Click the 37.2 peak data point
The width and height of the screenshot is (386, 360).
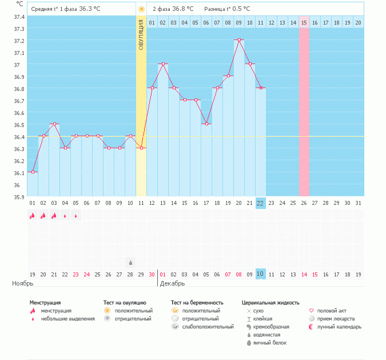pos(239,40)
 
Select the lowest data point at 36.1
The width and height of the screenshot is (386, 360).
pos(33,172)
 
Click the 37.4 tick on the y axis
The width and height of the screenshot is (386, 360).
pos(19,17)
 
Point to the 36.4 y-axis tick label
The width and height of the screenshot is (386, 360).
pos(19,137)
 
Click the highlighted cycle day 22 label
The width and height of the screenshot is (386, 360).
pos(260,203)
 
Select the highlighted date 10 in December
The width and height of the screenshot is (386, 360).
pos(260,274)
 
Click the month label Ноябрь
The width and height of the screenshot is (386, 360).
pos(23,283)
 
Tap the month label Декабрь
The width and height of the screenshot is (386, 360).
pos(172,283)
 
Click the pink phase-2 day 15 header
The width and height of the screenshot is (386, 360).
pos(304,22)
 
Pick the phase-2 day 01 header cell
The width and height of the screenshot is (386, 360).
pos(152,22)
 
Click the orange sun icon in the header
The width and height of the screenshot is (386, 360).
pos(141,9)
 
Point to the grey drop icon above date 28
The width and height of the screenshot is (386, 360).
pos(130,262)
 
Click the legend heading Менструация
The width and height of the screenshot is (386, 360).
pos(45,302)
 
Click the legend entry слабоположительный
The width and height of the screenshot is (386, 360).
pos(208,327)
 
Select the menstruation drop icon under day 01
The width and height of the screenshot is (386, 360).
pos(33,215)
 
